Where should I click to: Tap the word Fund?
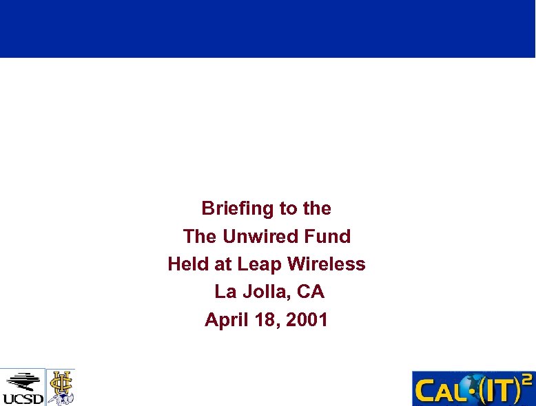[x=328, y=237]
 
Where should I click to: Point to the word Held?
[x=186, y=264]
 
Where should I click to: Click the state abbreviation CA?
[x=311, y=292]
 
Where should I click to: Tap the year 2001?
[x=307, y=320]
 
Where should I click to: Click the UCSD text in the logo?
[x=23, y=398]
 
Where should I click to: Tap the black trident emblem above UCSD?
[x=22, y=381]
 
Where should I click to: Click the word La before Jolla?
[x=225, y=292]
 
